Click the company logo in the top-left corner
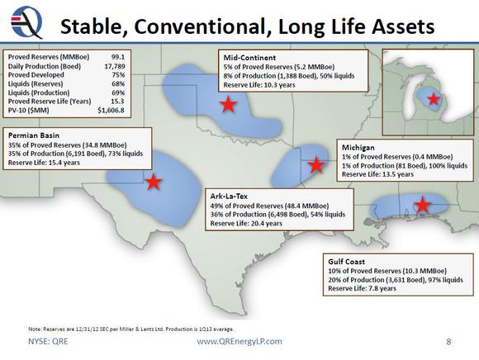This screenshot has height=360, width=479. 26,22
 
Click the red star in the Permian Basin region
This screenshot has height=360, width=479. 154,182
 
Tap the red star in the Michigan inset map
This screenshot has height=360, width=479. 434,99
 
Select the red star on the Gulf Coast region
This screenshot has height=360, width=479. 423,205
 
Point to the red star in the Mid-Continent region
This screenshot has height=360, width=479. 228,104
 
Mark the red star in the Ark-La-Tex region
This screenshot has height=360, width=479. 315,165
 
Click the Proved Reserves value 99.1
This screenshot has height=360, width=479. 118,57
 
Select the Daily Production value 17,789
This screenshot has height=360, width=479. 115,66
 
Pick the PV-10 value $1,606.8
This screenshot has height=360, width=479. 111,110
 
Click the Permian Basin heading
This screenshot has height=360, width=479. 34,135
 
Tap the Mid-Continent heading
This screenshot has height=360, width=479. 249,58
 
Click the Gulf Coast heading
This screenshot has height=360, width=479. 346,262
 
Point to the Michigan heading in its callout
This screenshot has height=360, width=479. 358,148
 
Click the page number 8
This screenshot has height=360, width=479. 448,341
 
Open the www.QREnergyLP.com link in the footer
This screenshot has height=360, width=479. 239,341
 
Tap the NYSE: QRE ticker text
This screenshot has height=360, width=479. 48,341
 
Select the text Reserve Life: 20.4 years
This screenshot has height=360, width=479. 246,224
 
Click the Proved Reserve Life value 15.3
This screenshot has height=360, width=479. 117,102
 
